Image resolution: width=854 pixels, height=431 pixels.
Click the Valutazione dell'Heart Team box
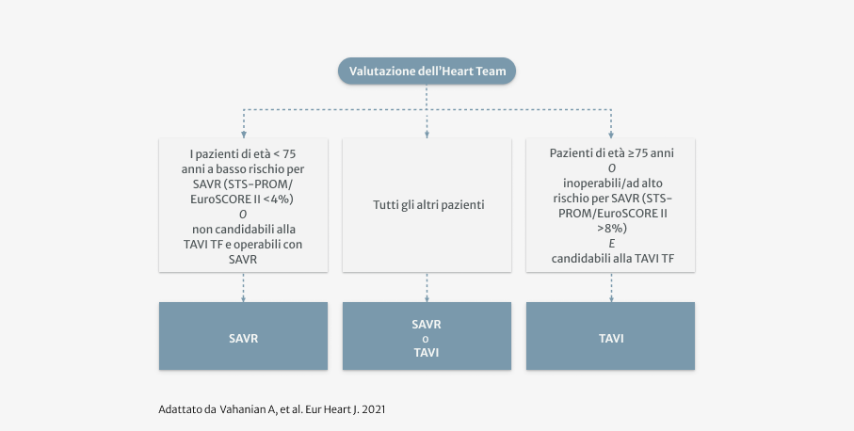tap(427, 72)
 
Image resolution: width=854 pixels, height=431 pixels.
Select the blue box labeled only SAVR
tap(243, 336)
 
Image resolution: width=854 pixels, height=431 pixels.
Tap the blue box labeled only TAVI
tap(610, 336)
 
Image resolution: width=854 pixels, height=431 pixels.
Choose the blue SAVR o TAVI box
tap(427, 336)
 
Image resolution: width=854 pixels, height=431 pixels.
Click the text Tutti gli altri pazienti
tap(427, 203)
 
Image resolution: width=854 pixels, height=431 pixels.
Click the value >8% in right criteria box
tap(611, 228)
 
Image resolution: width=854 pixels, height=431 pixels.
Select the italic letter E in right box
tap(611, 243)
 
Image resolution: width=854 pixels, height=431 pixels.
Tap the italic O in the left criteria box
tap(243, 214)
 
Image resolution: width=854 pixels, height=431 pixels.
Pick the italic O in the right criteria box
tap(611, 168)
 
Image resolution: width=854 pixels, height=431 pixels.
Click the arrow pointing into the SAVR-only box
tap(244, 297)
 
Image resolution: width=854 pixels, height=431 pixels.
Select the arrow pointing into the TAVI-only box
tap(611, 297)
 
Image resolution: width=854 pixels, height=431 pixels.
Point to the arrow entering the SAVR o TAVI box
tap(427, 297)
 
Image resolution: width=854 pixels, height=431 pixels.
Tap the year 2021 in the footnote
tap(373, 410)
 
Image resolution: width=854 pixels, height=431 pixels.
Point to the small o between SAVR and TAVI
tap(427, 339)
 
